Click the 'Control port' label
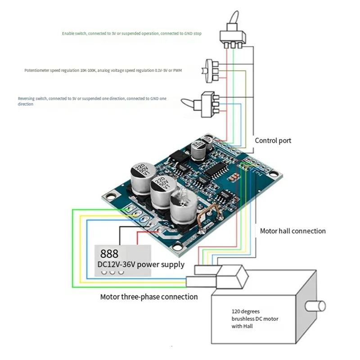273,140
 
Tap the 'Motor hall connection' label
292,231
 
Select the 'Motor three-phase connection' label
148,297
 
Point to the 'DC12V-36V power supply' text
141,264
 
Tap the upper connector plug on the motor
207,270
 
